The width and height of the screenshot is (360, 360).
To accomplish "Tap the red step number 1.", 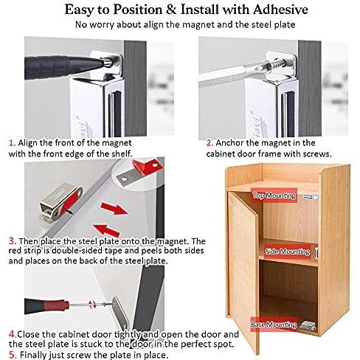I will click(11, 142).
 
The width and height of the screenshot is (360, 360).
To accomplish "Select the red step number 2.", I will click(209, 142).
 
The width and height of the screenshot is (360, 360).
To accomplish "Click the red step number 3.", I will click(11, 240).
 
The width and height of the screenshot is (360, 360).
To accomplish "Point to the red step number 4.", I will click(11, 333).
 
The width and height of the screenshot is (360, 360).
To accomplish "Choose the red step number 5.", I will click(11, 353).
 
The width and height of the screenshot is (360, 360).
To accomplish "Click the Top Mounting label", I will click(269, 195).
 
